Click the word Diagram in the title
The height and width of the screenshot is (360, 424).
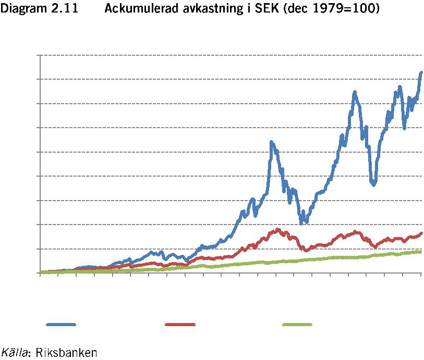tap(20, 8)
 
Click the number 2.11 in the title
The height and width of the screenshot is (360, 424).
tap(64, 8)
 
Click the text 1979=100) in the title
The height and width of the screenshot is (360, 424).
tap(346, 9)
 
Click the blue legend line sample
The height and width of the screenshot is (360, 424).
tap(61, 325)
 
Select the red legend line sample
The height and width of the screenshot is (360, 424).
tap(180, 325)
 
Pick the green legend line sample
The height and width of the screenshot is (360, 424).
tap(297, 325)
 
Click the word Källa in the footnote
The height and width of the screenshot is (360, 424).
tap(14, 352)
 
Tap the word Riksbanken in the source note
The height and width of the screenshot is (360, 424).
tap(66, 352)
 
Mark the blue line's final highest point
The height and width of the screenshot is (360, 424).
tap(421, 72)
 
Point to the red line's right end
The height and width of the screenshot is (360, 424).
tap(421, 233)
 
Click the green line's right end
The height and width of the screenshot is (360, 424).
tap(421, 252)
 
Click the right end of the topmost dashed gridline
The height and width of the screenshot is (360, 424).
tap(422, 55)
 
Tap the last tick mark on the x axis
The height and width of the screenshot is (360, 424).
tap(421, 275)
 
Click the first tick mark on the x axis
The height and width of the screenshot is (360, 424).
tap(40, 275)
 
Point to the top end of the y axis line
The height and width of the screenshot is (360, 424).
tap(40, 55)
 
